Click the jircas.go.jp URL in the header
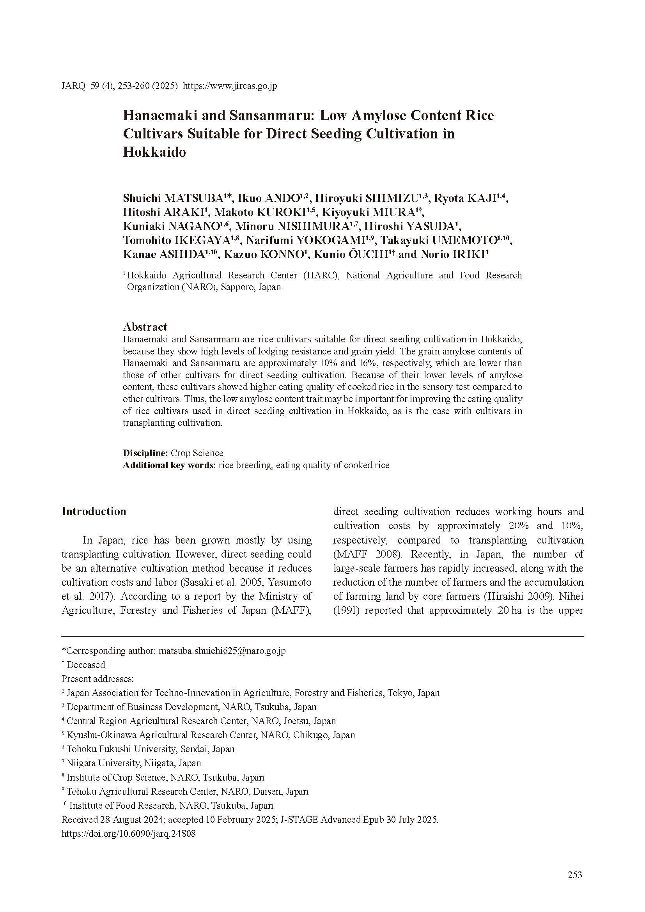click(x=230, y=86)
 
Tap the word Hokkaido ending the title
click(x=154, y=152)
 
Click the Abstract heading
click(x=145, y=327)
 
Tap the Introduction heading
click(x=94, y=511)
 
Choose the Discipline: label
click(x=145, y=453)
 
